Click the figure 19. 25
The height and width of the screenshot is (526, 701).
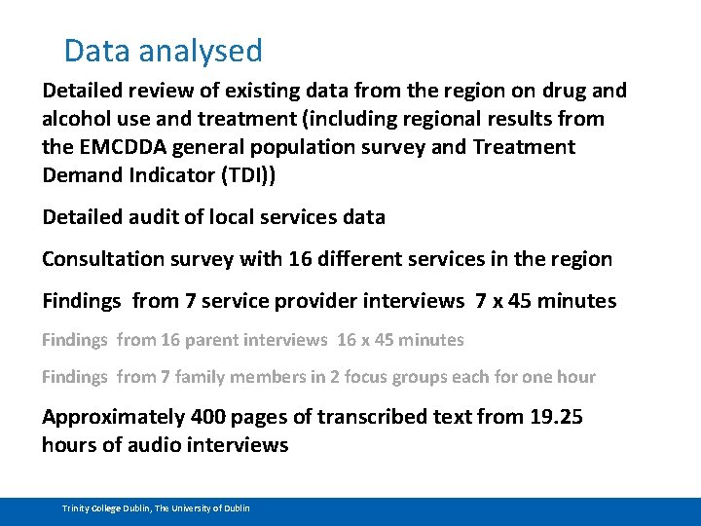(556, 417)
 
